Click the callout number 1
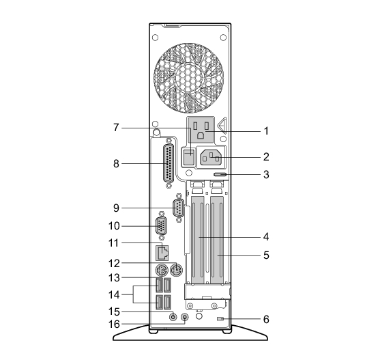tap(266, 131)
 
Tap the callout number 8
tap(116, 163)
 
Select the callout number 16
tap(114, 324)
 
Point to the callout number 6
tap(266, 319)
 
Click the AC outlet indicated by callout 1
tap(201, 130)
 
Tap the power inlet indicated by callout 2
tap(211, 158)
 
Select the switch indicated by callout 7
tap(188, 157)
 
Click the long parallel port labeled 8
tap(169, 163)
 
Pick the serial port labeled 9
tap(179, 208)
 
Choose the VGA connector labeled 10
tap(161, 226)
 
